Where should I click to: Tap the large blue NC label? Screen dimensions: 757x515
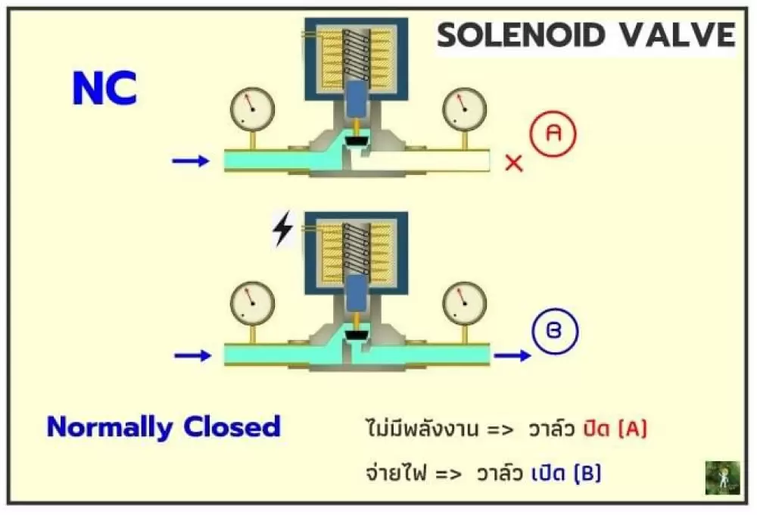(104, 88)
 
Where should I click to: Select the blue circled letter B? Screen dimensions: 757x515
(555, 332)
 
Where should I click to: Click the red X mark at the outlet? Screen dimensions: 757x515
(514, 163)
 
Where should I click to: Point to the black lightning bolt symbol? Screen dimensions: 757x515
(283, 229)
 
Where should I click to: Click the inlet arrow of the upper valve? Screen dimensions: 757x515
(192, 161)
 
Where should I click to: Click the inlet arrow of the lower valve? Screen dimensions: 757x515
(192, 356)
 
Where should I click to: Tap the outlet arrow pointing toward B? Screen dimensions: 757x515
(512, 356)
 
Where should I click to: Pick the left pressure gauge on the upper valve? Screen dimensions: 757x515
(253, 109)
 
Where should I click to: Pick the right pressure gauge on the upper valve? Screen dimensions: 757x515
(465, 109)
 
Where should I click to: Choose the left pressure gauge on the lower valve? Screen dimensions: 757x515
(253, 304)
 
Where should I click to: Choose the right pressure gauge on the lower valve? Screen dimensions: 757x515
(465, 304)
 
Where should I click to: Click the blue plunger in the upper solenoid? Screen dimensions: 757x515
(357, 99)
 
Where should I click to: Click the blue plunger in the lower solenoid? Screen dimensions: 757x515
(357, 293)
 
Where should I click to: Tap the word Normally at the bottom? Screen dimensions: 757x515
(110, 428)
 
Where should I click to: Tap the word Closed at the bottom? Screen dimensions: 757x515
(232, 426)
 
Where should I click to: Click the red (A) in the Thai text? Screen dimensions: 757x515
(632, 429)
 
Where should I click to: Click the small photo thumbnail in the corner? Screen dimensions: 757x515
(723, 478)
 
